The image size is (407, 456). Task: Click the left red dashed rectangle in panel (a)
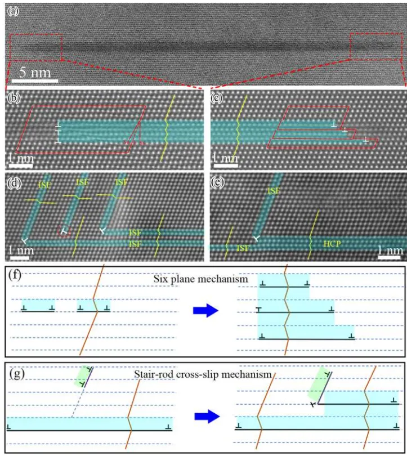pyautogui.click(x=35, y=47)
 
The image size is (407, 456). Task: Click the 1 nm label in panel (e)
pyautogui.click(x=390, y=248)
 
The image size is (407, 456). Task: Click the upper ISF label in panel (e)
pyautogui.click(x=274, y=191)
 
